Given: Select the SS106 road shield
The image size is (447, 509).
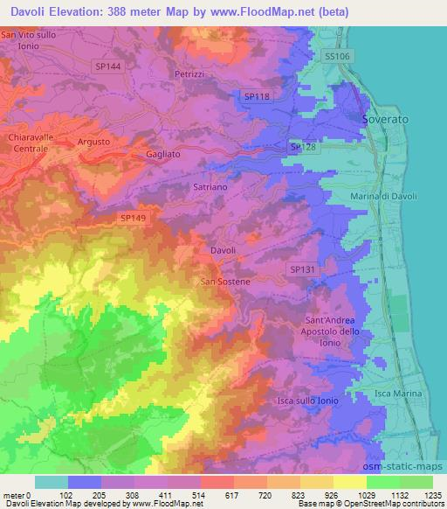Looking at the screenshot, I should pyautogui.click(x=335, y=56).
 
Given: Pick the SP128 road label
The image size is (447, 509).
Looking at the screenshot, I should pyautogui.click(x=303, y=148).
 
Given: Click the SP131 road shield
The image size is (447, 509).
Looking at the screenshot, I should pyautogui.click(x=301, y=270).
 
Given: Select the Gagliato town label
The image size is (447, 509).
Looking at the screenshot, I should pyautogui.click(x=162, y=153).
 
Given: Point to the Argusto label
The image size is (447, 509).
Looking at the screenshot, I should pyautogui.click(x=93, y=142).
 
